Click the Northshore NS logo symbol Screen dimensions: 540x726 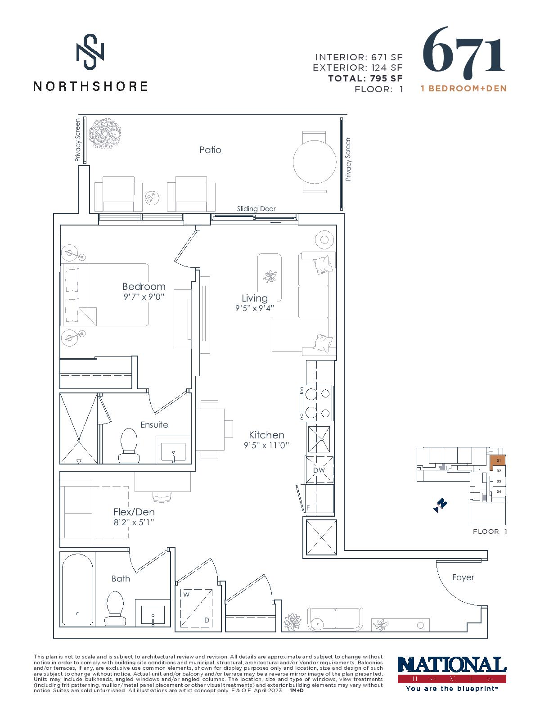tap(90, 52)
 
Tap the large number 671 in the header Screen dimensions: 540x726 tap(464, 50)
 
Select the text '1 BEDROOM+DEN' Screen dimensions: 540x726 tap(464, 88)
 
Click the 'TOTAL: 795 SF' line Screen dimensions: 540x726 tap(365, 79)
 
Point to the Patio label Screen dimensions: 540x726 tap(211, 150)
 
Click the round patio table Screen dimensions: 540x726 tap(315, 162)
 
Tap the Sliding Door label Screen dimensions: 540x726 tap(256, 209)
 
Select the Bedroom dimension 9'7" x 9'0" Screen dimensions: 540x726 tap(144, 297)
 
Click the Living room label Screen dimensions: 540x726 tap(255, 298)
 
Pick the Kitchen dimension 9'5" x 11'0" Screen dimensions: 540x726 tap(266, 445)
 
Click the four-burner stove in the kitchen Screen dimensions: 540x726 tap(316, 403)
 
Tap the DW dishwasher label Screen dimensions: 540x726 tap(319, 470)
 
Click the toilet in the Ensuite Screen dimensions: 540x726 tap(129, 446)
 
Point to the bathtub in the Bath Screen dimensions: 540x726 tap(77, 590)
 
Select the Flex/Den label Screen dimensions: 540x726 tap(134, 512)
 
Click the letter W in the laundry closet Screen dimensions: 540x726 tap(186, 595)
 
